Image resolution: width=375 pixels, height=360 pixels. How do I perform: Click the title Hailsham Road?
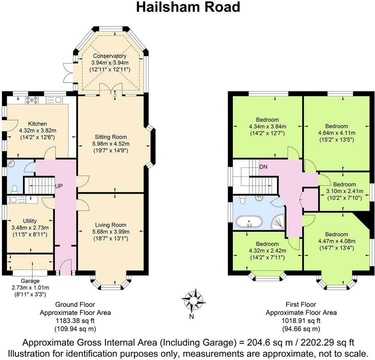pos(188,7)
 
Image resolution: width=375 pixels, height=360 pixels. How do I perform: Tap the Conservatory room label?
pos(109,56)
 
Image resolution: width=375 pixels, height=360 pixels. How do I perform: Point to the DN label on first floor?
pos(264,167)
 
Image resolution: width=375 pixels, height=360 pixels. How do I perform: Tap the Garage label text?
pos(30,281)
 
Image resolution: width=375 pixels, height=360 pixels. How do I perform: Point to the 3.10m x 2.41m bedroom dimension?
pos(344,191)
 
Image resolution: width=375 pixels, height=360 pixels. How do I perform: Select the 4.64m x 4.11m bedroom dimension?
pos(337,133)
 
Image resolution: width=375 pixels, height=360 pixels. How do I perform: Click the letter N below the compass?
pos(191,317)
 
